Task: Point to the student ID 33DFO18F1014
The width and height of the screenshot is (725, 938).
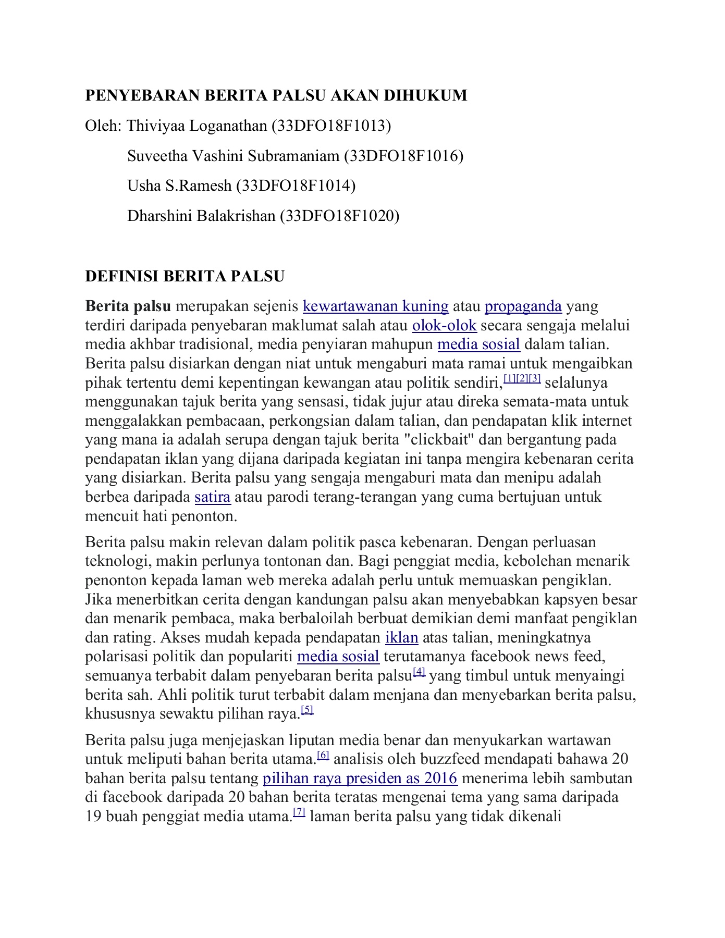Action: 296,186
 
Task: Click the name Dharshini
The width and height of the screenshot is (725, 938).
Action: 159,216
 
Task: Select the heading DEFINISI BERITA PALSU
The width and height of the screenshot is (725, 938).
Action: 185,276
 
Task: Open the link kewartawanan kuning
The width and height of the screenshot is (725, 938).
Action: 375,306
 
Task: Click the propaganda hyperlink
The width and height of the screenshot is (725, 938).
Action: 523,306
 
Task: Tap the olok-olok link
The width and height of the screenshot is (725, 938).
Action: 444,326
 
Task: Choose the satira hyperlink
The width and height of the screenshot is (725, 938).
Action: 213,497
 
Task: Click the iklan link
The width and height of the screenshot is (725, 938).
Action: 401,638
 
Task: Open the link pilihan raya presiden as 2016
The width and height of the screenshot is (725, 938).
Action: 360,779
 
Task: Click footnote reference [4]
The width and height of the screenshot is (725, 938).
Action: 419,673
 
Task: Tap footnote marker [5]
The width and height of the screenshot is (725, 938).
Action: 308,710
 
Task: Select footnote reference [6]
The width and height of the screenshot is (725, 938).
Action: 323,756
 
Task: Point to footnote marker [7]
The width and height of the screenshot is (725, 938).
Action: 299,812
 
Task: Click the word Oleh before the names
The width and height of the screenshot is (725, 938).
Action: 103,126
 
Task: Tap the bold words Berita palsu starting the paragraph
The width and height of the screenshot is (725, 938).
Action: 128,306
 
